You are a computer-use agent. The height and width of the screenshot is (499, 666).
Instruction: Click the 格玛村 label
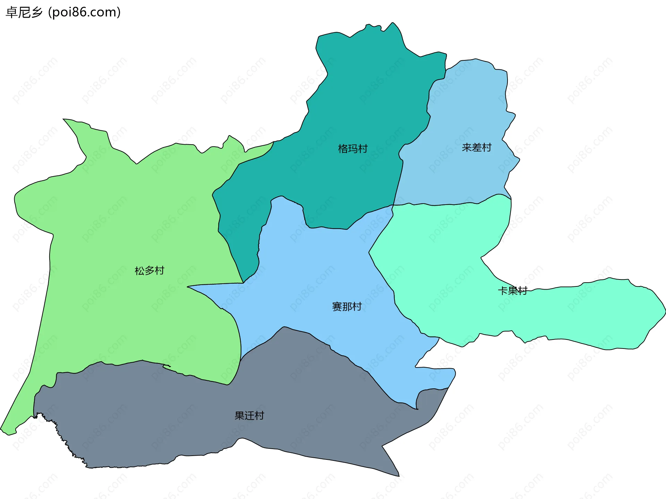point(352,149)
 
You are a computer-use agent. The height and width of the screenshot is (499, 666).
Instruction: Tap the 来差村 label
point(477,148)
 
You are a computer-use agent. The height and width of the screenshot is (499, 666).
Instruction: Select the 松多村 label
point(149,270)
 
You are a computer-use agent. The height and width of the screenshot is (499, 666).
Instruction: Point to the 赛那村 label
point(347,307)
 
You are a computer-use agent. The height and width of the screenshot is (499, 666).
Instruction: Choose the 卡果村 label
point(513,291)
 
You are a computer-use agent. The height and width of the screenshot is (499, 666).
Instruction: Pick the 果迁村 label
point(249,415)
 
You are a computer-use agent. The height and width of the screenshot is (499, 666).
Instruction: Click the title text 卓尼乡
point(24,12)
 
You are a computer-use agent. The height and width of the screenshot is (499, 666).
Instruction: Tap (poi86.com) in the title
point(84,12)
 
